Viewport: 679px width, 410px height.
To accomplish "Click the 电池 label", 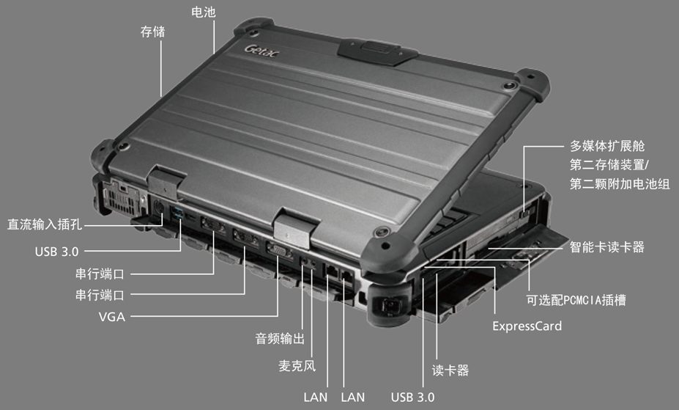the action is [x=203, y=12].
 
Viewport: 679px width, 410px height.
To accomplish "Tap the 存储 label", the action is [x=152, y=32].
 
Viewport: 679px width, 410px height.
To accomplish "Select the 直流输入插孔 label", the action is [x=45, y=224].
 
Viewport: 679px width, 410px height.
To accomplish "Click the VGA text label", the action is [x=112, y=317].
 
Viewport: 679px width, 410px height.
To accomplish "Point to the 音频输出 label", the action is [x=280, y=338].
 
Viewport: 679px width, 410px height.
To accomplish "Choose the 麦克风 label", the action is [x=297, y=366].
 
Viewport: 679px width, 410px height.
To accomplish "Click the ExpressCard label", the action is [x=527, y=326].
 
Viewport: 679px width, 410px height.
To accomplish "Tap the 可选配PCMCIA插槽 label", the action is [x=576, y=300].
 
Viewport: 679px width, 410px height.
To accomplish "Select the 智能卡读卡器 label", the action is [x=606, y=247].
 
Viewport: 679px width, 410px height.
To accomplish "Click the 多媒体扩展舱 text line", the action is [x=606, y=146].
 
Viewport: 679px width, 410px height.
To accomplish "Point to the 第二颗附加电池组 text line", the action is [x=619, y=184].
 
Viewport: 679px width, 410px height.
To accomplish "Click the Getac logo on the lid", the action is [x=261, y=51].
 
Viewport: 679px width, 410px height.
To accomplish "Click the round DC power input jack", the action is [x=159, y=207].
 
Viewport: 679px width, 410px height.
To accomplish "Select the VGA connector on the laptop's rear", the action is [x=279, y=251].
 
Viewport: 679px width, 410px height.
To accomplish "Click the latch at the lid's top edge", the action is [x=378, y=51].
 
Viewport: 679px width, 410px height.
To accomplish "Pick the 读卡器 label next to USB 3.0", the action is [x=450, y=370].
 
